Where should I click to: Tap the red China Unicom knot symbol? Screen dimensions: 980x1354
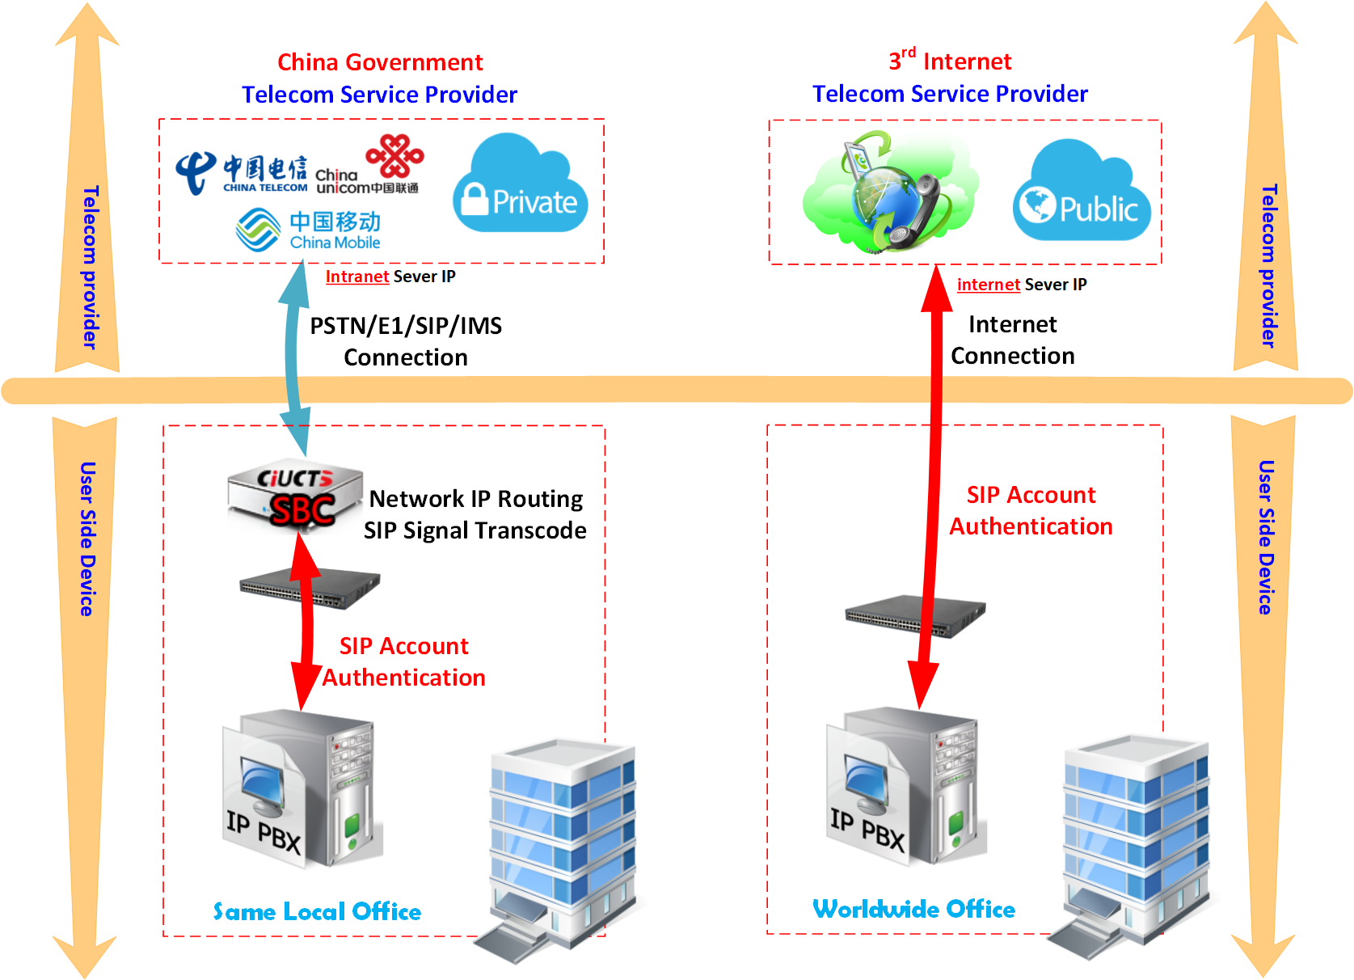pos(394,155)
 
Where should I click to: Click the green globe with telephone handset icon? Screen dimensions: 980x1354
pos(889,192)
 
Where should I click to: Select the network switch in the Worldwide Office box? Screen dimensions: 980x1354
pos(914,617)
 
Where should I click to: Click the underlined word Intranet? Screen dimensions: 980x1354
pos(357,277)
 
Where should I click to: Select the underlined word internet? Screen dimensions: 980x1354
pos(988,285)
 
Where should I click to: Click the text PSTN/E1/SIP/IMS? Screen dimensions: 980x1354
pos(406,326)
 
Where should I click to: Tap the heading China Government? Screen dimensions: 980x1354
pos(380,62)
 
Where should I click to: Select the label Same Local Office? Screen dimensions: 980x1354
pos(317,912)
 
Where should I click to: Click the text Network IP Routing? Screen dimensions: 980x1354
pos(475,499)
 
